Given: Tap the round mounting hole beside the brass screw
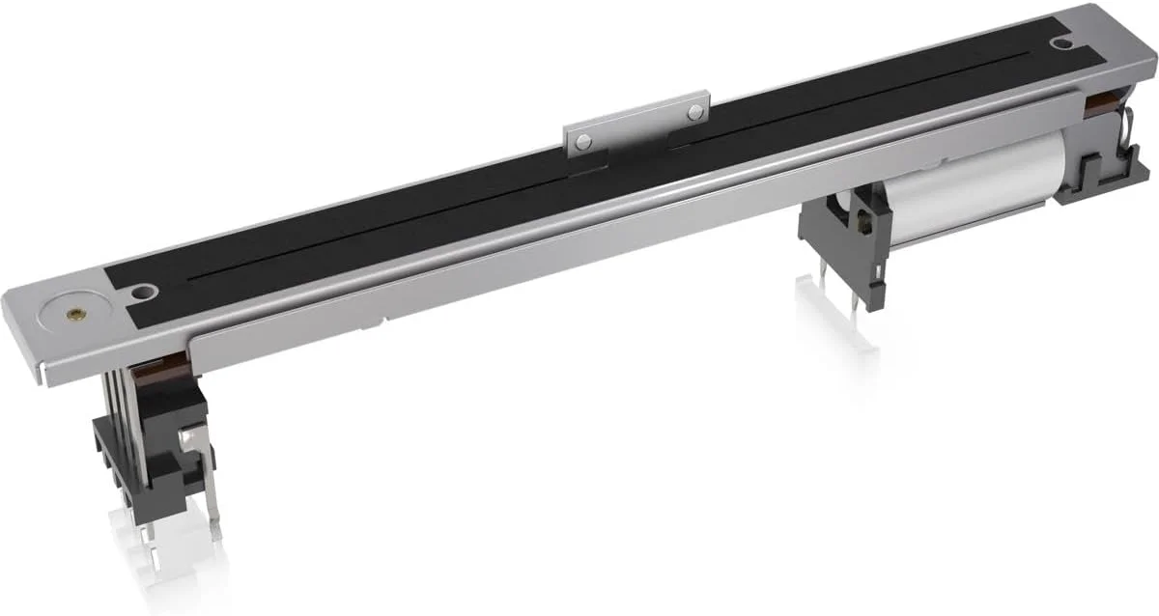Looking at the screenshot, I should tap(145, 291).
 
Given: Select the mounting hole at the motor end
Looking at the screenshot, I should tap(1062, 42).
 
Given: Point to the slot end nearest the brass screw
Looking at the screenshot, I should tap(193, 281).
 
